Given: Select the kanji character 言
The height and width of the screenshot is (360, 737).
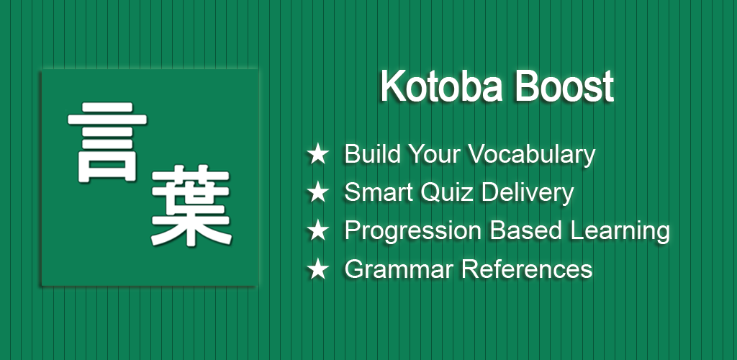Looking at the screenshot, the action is pyautogui.click(x=107, y=142).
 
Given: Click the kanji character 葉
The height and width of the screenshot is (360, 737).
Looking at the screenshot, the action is pyautogui.click(x=191, y=205).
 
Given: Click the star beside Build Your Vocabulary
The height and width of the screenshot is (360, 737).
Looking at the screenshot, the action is pyautogui.click(x=317, y=154).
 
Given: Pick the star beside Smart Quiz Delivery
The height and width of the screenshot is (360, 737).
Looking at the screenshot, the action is pyautogui.click(x=317, y=193).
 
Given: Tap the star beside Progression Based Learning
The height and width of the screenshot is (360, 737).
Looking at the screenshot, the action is pyautogui.click(x=317, y=230).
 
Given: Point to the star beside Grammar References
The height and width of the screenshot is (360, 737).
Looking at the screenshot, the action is pyautogui.click(x=317, y=269).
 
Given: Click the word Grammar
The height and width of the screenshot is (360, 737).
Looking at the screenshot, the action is pyautogui.click(x=399, y=269).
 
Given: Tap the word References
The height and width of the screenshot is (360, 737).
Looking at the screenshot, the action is pyautogui.click(x=527, y=269).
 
